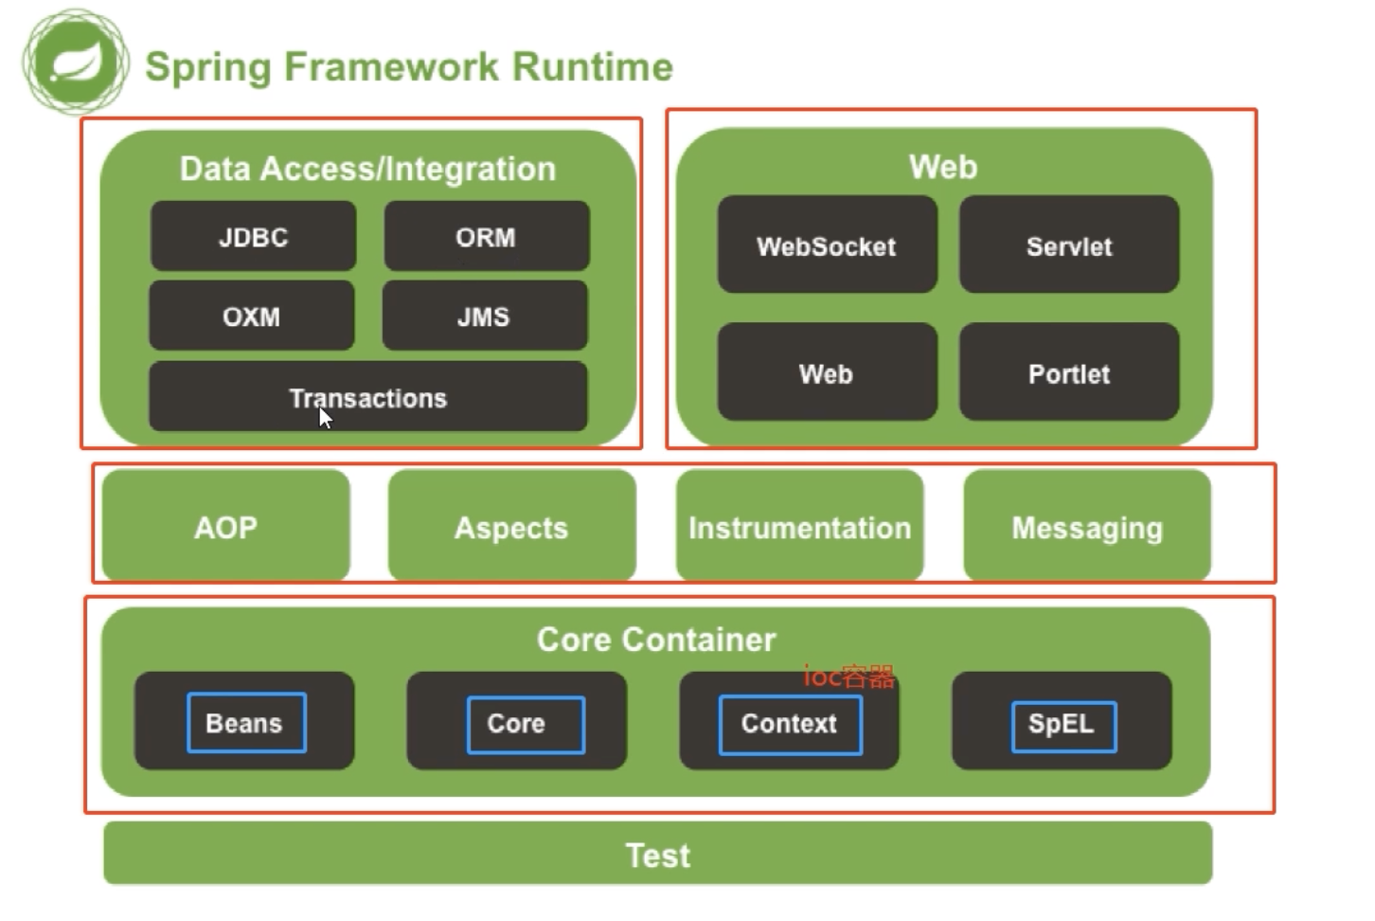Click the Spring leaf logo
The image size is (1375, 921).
pyautogui.click(x=75, y=63)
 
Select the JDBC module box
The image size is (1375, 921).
pyautogui.click(x=253, y=236)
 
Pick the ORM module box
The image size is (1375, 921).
pyautogui.click(x=486, y=236)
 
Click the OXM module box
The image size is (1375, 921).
pyautogui.click(x=251, y=316)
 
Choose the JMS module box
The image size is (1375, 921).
pyautogui.click(x=484, y=316)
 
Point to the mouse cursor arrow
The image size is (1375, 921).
pyautogui.click(x=325, y=418)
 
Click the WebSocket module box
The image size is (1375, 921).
pyautogui.click(x=827, y=245)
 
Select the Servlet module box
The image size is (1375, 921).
pyautogui.click(x=1069, y=245)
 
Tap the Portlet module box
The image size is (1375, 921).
pyautogui.click(x=1069, y=372)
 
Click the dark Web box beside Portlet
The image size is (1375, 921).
pyautogui.click(x=827, y=372)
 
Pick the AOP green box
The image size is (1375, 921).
pyautogui.click(x=225, y=526)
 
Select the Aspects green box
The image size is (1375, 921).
pyautogui.click(x=511, y=526)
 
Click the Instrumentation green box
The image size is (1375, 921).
pyautogui.click(x=799, y=526)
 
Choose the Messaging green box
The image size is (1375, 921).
pyautogui.click(x=1087, y=526)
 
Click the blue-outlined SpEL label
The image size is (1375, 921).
pyautogui.click(x=1063, y=726)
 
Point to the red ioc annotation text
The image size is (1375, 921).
pyautogui.click(x=848, y=677)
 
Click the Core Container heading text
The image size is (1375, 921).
pyautogui.click(x=656, y=640)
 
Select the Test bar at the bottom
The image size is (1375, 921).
pyautogui.click(x=658, y=855)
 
